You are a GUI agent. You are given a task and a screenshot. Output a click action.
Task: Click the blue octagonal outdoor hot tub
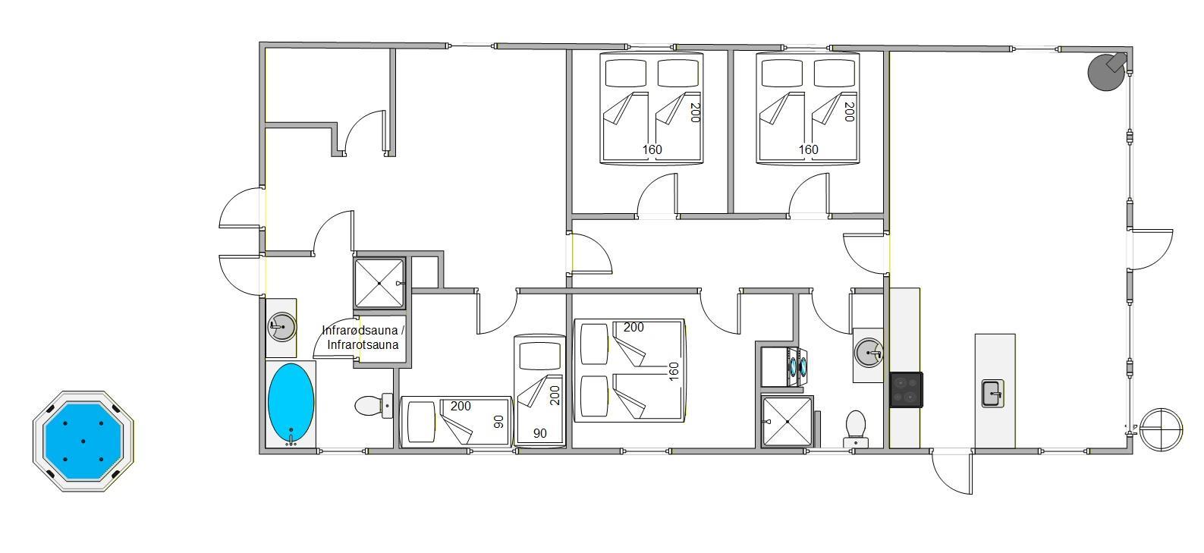tap(83, 441)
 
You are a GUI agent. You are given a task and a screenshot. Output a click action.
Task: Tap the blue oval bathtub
tap(291, 404)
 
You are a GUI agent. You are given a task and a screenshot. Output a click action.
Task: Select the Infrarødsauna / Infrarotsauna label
tap(363, 338)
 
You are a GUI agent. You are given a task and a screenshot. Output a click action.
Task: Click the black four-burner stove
tap(907, 390)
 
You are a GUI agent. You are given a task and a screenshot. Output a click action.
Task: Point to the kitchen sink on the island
tap(993, 394)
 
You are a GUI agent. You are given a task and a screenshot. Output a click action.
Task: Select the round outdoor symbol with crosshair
tap(1161, 429)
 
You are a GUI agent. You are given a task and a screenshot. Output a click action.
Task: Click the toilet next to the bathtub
tap(373, 406)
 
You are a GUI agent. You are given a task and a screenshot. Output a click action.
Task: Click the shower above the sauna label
tap(379, 283)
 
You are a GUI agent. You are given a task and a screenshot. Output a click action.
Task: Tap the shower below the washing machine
tap(787, 422)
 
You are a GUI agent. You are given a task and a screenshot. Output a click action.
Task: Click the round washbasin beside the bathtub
tap(281, 327)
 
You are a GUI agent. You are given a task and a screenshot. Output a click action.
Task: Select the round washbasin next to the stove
tap(869, 353)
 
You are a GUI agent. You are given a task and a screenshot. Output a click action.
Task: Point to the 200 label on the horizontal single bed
tap(461, 407)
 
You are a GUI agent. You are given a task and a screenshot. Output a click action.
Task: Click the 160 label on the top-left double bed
tap(652, 149)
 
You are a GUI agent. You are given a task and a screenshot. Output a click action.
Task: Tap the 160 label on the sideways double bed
tap(674, 372)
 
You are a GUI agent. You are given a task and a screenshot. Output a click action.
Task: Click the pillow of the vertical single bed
tap(539, 356)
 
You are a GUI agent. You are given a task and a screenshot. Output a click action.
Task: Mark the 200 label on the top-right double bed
tap(849, 112)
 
